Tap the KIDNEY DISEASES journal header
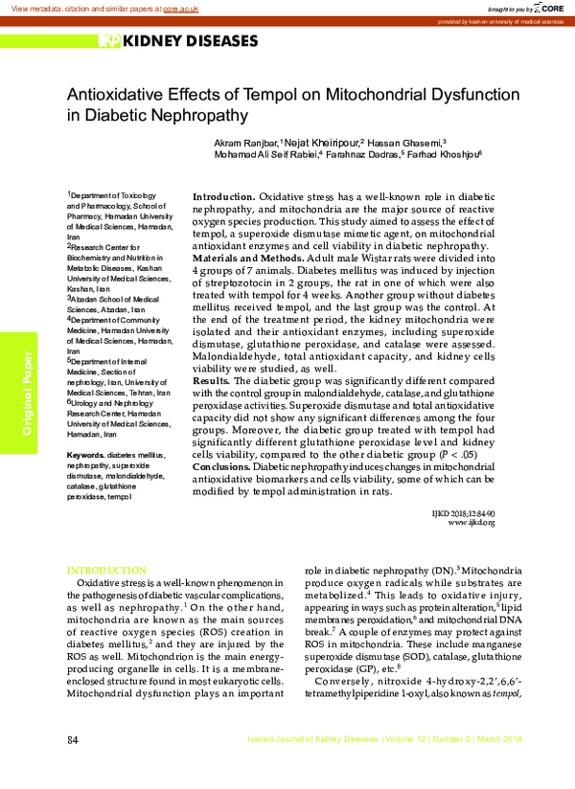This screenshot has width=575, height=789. (x=178, y=41)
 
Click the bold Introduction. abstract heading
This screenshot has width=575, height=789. (x=224, y=196)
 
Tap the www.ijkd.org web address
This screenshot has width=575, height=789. (x=471, y=522)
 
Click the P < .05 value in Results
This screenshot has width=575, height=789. (x=471, y=454)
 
